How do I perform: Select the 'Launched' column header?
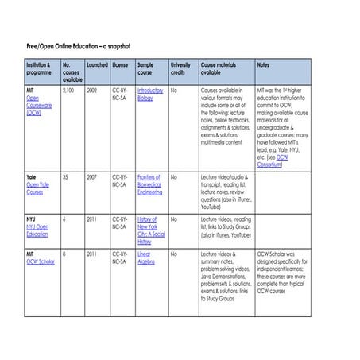[x=97, y=64]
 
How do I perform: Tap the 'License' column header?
[x=120, y=64]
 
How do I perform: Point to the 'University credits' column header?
[x=181, y=68]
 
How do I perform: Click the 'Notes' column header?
[x=265, y=64]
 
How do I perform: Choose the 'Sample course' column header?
[x=148, y=68]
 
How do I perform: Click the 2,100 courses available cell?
[x=69, y=91]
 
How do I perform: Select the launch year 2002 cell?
[x=92, y=91]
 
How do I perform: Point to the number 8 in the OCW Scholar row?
[x=64, y=254]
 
